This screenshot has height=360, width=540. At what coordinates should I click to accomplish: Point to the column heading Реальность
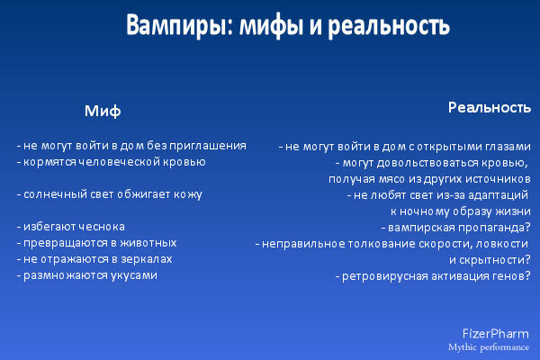pos(490,108)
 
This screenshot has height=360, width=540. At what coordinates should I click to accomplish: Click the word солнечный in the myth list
pos(51,194)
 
